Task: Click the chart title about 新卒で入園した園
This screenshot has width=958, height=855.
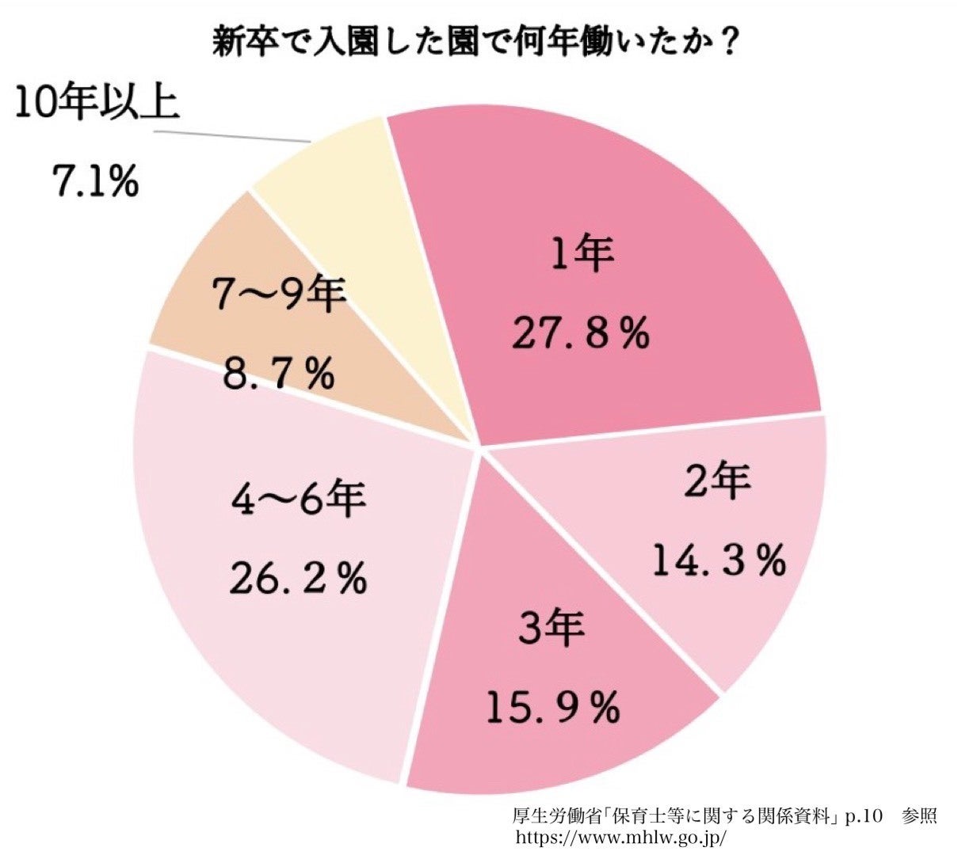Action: coord(468,41)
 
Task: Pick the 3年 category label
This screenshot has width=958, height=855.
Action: coord(552,629)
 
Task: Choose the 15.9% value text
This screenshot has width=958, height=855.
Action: coord(552,708)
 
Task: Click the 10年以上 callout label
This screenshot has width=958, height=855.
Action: coord(97,104)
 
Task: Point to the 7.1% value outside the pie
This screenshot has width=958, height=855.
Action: coord(95,183)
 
